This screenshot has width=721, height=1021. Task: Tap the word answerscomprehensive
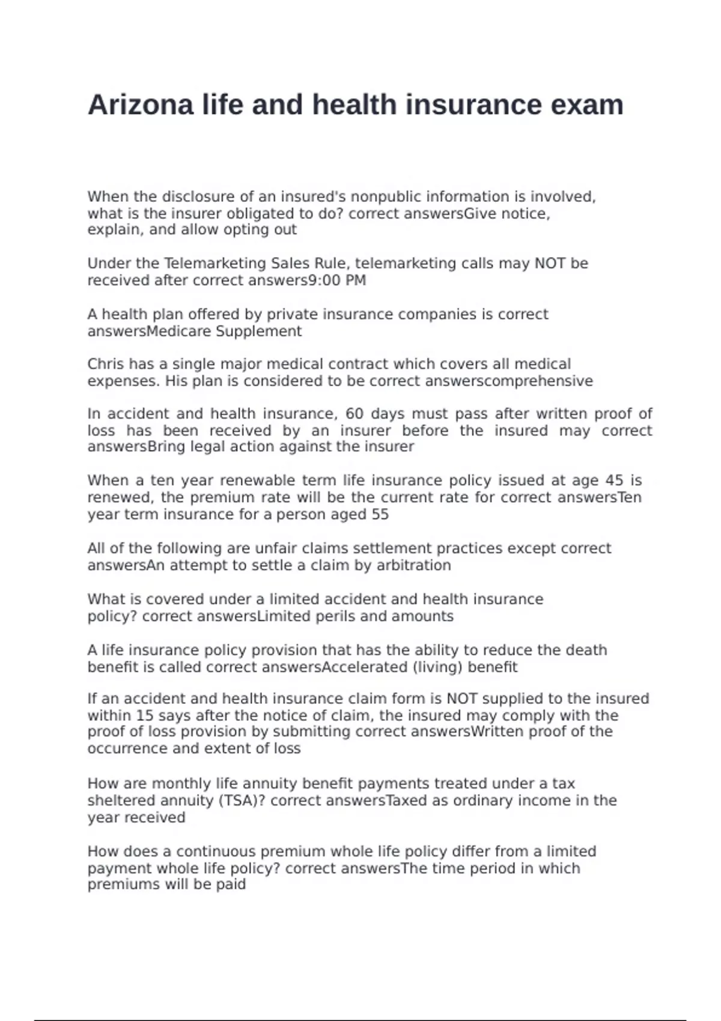tap(509, 381)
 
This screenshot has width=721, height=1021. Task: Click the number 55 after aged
tap(380, 515)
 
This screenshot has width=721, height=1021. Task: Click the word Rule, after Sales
tap(331, 264)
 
